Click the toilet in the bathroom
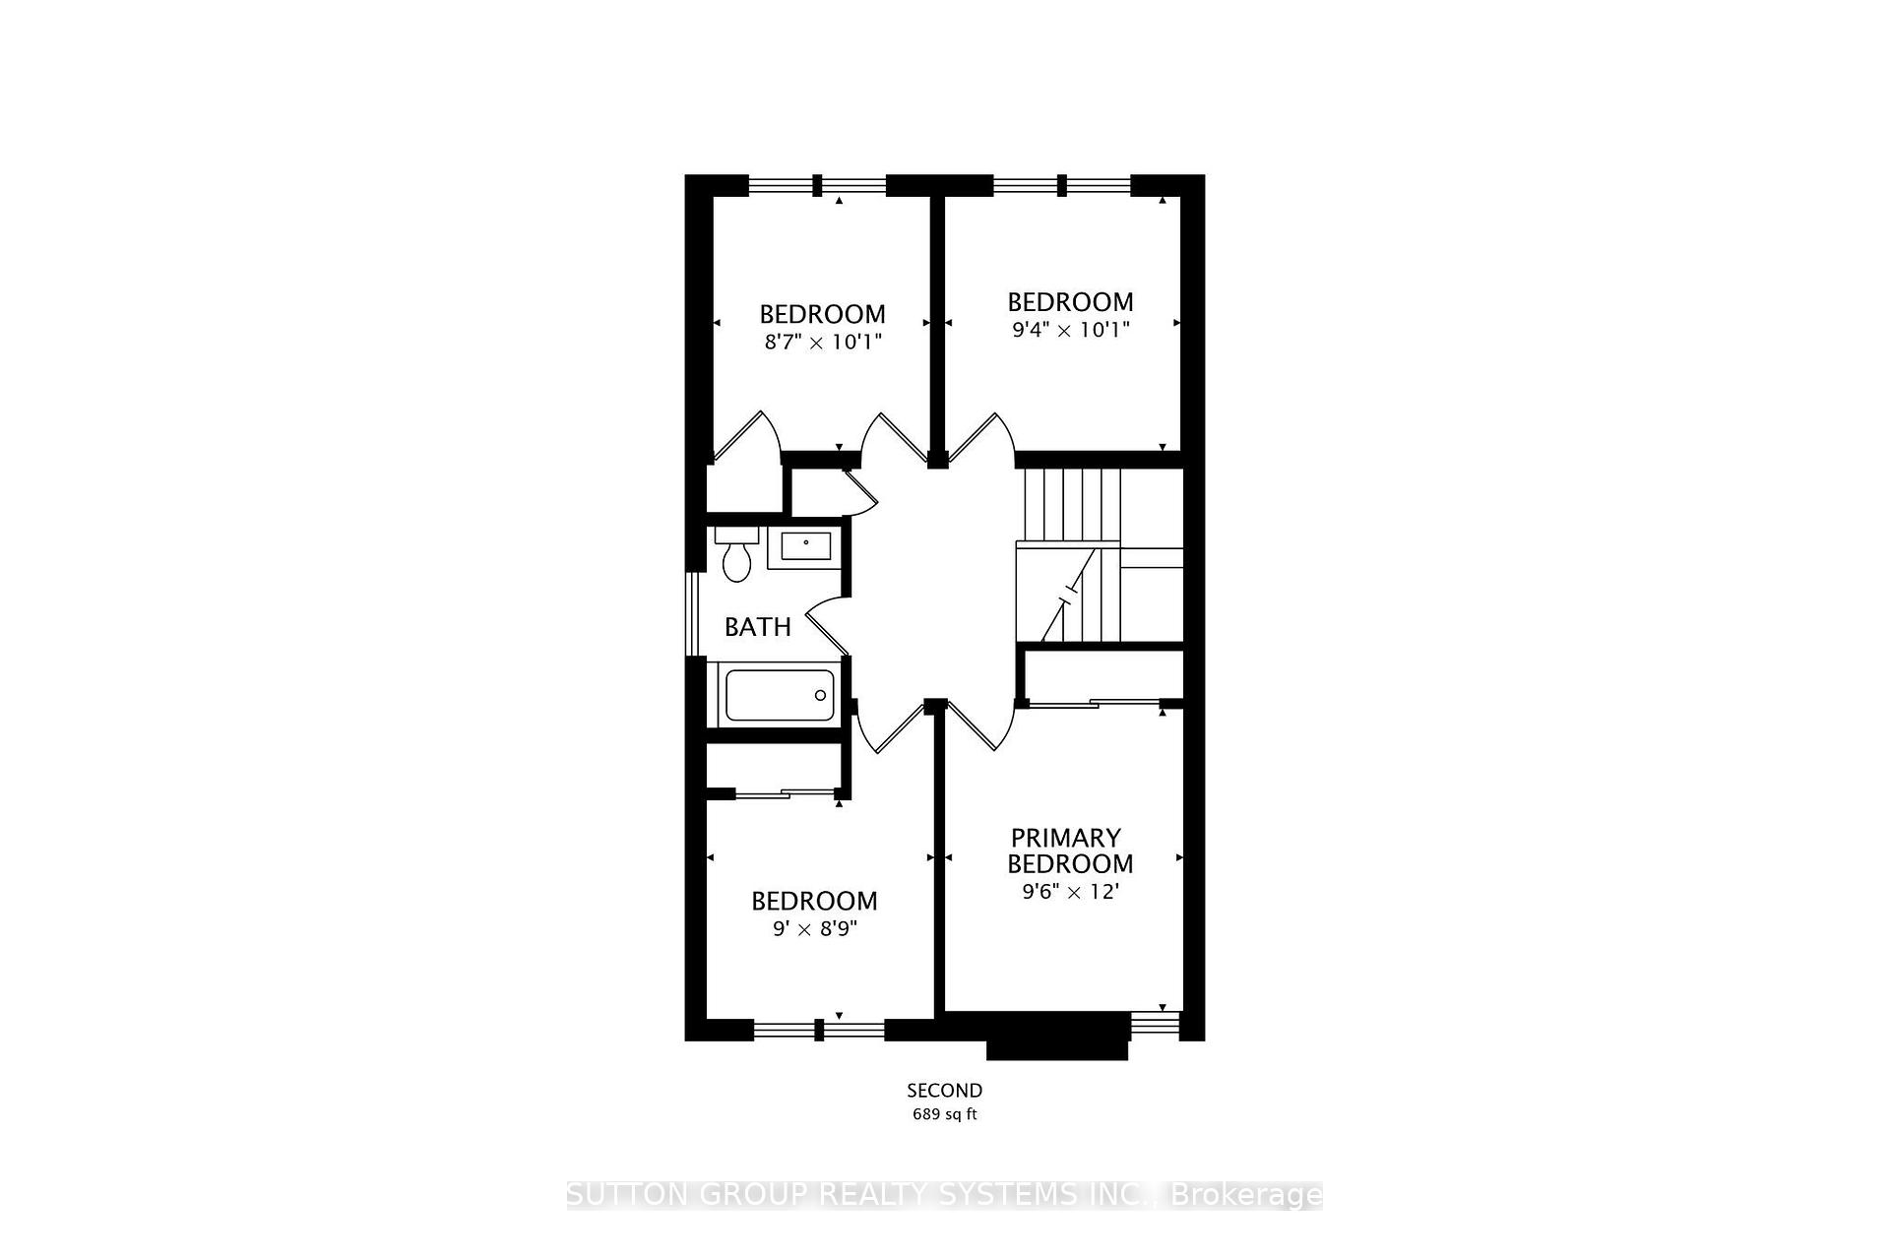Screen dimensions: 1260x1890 [736, 556]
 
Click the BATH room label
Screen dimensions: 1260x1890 [758, 627]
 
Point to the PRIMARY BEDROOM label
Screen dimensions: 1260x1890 [1069, 850]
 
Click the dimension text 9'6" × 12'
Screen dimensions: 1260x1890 [1071, 893]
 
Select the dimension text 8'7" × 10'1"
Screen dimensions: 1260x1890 [822, 343]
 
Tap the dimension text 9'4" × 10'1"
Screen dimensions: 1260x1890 [1070, 330]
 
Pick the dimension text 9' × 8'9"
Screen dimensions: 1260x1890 [815, 929]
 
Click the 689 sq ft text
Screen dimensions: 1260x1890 [945, 1114]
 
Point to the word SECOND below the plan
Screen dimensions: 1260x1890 [945, 1091]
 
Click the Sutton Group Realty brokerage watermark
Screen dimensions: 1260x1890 [945, 1195]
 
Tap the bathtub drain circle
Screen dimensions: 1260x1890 [821, 695]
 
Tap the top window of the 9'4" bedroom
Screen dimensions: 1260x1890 [1062, 185]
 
